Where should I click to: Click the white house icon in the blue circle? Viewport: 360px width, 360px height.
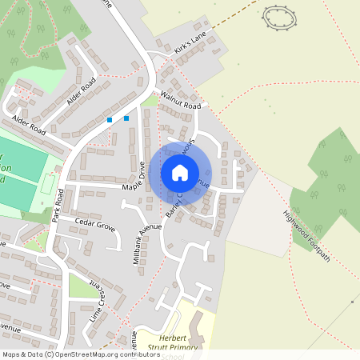click(x=180, y=172)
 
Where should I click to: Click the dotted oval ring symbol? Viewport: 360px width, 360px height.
click(x=278, y=17)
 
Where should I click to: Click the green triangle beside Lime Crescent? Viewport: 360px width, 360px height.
click(x=82, y=286)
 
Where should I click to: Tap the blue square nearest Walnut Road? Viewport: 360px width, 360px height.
click(x=126, y=118)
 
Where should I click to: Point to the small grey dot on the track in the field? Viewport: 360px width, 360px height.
click(x=353, y=302)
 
